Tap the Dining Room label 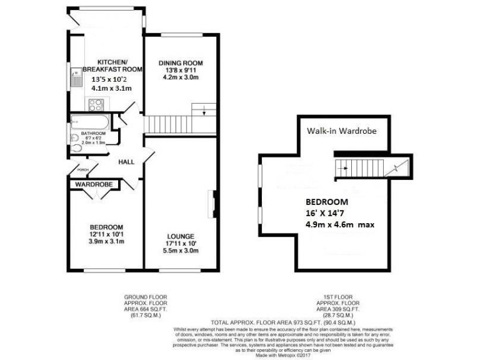point(181,62)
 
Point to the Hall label point(127,162)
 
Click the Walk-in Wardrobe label point(341,131)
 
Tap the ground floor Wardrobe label point(94,185)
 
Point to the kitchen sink point(76,78)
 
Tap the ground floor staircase point(172,124)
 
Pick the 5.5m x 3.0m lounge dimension point(181,251)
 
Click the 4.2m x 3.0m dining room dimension point(181,78)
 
